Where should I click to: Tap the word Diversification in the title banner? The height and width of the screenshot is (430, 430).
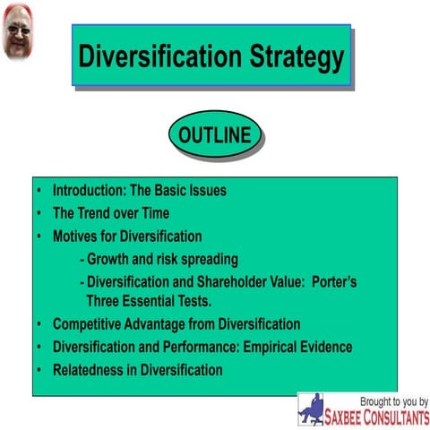coord(158,57)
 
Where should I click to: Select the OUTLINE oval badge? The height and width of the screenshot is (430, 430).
coord(215,136)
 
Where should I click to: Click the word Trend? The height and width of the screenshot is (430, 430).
coord(99,213)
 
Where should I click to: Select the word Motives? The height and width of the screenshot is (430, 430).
coord(78,236)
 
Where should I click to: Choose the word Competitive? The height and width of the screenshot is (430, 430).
coord(92,324)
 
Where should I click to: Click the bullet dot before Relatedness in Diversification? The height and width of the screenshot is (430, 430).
coord(39,370)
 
